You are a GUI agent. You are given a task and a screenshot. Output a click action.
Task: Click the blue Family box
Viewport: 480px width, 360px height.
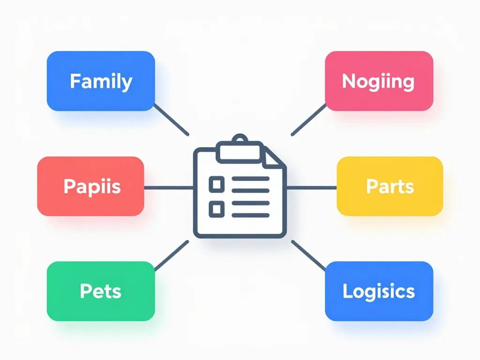[x=101, y=81]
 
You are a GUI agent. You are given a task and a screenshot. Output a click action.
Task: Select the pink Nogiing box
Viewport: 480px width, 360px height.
[x=379, y=81]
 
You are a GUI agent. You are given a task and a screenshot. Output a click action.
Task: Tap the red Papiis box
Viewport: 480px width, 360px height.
[x=90, y=186]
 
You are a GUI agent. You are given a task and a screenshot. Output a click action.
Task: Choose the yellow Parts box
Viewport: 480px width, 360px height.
[x=390, y=186]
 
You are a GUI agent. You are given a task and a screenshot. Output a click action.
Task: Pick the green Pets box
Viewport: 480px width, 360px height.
[x=101, y=291]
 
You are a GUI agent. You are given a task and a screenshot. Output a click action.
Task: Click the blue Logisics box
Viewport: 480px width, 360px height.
[x=379, y=291]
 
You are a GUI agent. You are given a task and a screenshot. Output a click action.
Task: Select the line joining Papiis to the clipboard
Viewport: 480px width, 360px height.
[x=169, y=187]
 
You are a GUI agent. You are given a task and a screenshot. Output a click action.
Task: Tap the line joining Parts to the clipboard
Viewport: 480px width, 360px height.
[x=311, y=187]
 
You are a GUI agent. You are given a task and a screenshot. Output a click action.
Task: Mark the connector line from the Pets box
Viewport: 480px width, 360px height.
[x=171, y=256]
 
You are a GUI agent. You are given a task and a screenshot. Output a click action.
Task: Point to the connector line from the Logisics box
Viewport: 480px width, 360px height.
[x=308, y=256]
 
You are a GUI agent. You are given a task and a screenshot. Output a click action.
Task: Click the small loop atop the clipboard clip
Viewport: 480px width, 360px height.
[x=240, y=139]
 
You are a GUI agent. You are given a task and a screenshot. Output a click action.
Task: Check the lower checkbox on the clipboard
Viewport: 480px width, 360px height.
[x=216, y=208]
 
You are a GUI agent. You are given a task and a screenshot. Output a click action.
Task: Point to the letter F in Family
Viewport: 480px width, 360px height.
[x=75, y=81]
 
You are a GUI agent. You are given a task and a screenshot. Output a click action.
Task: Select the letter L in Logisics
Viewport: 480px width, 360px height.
[x=347, y=291]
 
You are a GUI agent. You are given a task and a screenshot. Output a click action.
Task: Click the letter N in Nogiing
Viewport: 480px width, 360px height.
[x=348, y=81]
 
